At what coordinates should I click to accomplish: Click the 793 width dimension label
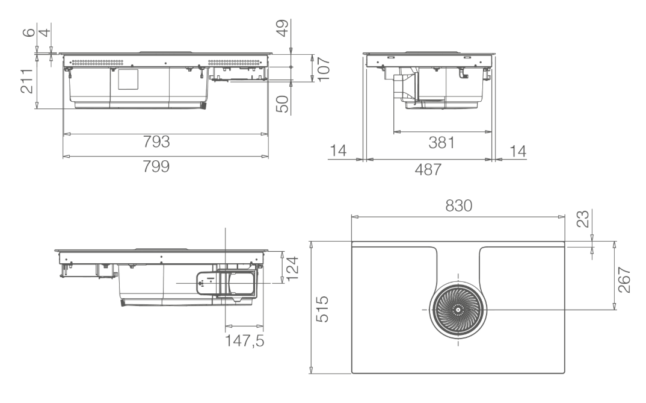(x=156, y=142)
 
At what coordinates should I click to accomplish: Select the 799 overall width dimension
(x=156, y=166)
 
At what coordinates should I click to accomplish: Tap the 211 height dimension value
(x=27, y=81)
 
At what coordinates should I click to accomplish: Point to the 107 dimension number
(x=324, y=69)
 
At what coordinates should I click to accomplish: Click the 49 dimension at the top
(x=282, y=28)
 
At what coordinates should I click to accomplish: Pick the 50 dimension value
(x=282, y=104)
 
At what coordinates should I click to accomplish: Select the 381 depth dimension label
(x=441, y=143)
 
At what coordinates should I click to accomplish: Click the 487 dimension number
(x=428, y=169)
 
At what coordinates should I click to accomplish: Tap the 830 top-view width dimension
(x=459, y=205)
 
